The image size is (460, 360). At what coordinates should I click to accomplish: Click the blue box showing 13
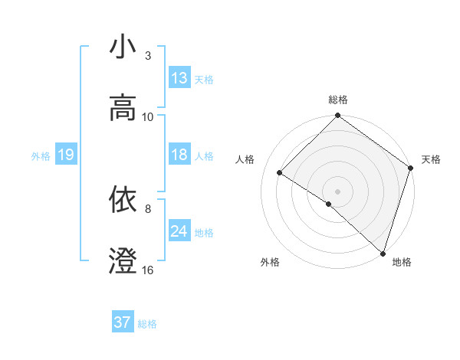179,78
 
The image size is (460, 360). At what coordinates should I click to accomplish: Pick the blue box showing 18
179,155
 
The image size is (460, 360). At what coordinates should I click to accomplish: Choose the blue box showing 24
179,231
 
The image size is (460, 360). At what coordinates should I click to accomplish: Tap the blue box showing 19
65,155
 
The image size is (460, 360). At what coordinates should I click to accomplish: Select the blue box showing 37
123,322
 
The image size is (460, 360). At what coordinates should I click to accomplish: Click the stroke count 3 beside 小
148,56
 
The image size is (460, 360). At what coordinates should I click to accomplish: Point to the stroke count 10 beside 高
148,117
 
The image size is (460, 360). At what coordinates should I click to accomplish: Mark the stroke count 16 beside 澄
148,270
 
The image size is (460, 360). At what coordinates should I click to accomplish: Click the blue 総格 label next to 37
147,324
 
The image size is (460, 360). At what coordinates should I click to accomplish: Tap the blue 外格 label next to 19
41,156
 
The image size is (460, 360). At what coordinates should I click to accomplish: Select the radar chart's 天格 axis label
431,159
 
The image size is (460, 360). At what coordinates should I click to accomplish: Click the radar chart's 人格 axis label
245,159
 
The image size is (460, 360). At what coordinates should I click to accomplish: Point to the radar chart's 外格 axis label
270,262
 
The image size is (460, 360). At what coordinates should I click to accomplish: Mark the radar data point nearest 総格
337,116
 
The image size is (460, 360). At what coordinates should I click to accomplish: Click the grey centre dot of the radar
337,191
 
